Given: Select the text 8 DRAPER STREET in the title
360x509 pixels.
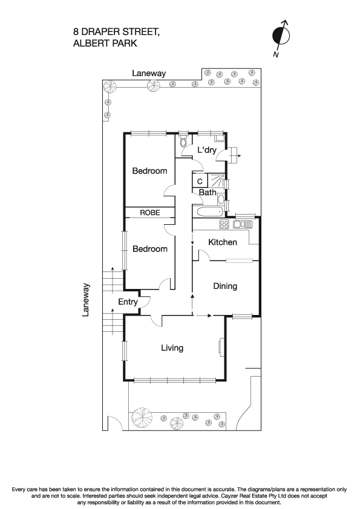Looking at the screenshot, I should point(116,32).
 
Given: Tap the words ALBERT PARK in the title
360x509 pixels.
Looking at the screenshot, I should point(105,44).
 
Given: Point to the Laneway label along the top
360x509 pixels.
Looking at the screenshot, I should point(149,73).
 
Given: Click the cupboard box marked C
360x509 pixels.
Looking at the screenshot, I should point(199,181).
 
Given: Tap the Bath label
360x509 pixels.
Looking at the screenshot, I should point(208,193).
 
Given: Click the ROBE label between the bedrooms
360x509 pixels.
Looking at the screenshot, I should point(149,213).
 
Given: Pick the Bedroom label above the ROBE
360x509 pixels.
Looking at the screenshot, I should point(149,171).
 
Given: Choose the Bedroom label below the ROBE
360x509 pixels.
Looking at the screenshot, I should point(149,249).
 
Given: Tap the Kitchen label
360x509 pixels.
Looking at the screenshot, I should point(222,242).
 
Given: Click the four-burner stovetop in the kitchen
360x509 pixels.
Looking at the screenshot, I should point(223,224).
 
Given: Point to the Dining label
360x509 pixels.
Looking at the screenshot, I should point(224,286).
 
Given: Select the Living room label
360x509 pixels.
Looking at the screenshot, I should point(172,348).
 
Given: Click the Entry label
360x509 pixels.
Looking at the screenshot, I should point(128,302).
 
